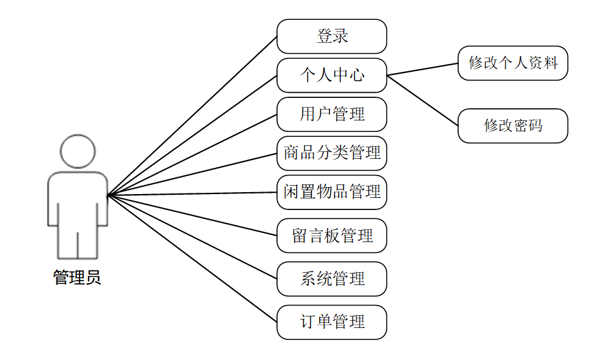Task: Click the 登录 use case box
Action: [331, 36]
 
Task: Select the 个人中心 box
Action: [331, 75]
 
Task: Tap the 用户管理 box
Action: [331, 114]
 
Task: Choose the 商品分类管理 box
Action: [331, 153]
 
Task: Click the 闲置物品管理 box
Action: [331, 192]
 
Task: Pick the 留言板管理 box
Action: [331, 236]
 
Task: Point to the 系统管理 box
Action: [331, 279]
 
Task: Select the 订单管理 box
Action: [331, 322]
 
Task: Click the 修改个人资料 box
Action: [513, 63]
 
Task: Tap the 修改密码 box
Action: [513, 126]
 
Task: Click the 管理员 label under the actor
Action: [77, 277]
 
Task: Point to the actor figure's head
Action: [78, 151]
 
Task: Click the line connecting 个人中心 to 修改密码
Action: [423, 100]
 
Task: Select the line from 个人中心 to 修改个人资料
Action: [423, 69]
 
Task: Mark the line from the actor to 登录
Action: [192, 115]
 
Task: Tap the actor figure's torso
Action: [78, 199]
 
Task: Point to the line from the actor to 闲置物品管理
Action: [192, 193]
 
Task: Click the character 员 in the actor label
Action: [93, 277]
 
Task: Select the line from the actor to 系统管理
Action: [192, 236]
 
